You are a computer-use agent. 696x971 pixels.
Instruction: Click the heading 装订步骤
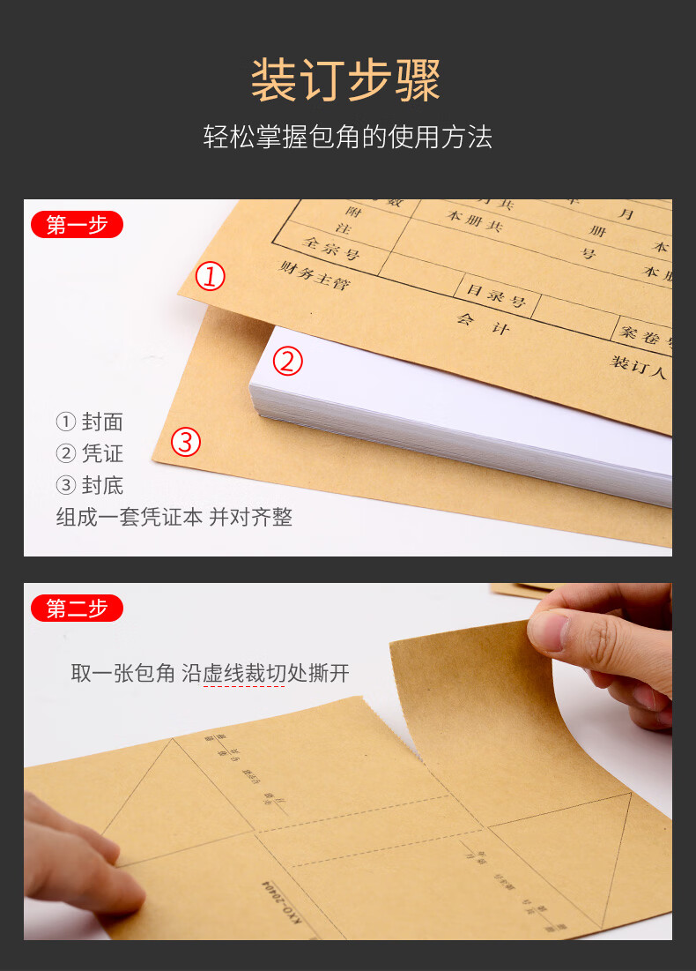346,82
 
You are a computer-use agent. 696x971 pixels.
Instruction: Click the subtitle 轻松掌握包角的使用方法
347,138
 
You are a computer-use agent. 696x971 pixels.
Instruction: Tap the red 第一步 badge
77,225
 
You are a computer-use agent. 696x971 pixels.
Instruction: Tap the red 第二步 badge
77,608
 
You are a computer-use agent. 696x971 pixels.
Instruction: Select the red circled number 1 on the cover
211,277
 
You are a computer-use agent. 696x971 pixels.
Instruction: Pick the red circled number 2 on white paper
287,362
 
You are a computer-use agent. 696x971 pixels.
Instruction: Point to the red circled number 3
185,442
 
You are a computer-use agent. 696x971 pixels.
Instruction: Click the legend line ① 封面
90,422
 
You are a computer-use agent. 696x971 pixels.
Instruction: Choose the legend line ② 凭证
90,453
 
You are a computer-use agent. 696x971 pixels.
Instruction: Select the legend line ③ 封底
90,485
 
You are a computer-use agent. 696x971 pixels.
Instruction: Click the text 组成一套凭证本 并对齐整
174,517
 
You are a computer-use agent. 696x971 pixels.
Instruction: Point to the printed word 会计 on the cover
483,324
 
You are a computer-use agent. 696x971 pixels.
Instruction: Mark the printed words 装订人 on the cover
639,366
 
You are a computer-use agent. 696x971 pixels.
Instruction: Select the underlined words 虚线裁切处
254,674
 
